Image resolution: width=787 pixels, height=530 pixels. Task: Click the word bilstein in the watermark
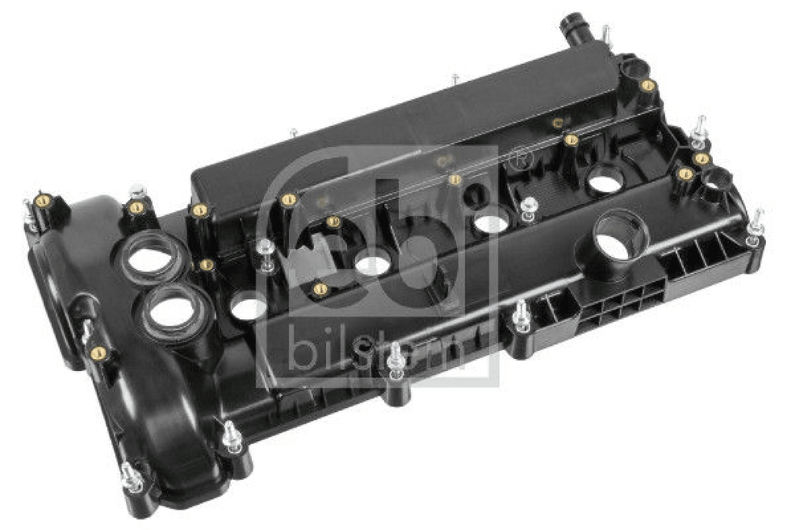[x=377, y=347]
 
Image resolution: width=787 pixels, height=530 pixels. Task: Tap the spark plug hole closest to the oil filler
[x=605, y=183]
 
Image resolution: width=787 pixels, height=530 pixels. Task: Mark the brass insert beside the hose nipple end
[x=648, y=85]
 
